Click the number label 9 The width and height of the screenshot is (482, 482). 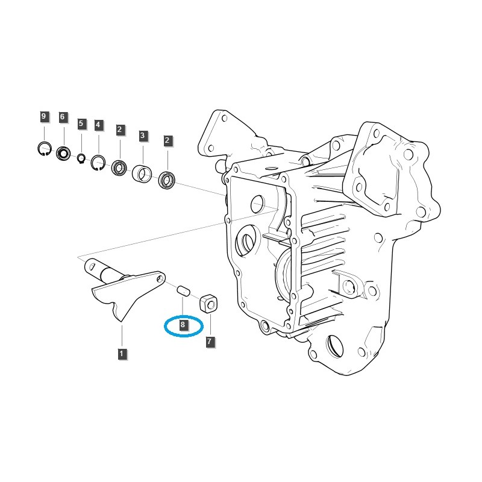(x=43, y=116)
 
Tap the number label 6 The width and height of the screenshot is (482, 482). (x=63, y=117)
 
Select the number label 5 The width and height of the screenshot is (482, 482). (x=81, y=124)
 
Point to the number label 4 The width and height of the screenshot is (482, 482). (x=99, y=126)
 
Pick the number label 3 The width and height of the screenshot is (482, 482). (x=143, y=136)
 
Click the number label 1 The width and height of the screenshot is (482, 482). (x=122, y=354)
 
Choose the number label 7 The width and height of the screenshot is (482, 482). (x=210, y=342)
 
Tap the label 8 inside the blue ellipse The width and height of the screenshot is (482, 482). (x=183, y=325)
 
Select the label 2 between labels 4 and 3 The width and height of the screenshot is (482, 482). (x=120, y=129)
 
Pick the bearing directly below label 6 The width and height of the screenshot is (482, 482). (x=64, y=154)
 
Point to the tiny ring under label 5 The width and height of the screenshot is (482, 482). (x=81, y=158)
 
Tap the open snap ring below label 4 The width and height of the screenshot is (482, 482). (x=98, y=163)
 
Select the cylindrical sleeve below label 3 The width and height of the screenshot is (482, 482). (x=143, y=174)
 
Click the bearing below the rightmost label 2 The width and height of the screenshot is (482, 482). (x=166, y=180)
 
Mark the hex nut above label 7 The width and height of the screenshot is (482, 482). (x=208, y=301)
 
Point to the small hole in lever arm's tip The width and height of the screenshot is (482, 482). (x=161, y=278)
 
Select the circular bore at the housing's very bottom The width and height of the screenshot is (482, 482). (x=336, y=348)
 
